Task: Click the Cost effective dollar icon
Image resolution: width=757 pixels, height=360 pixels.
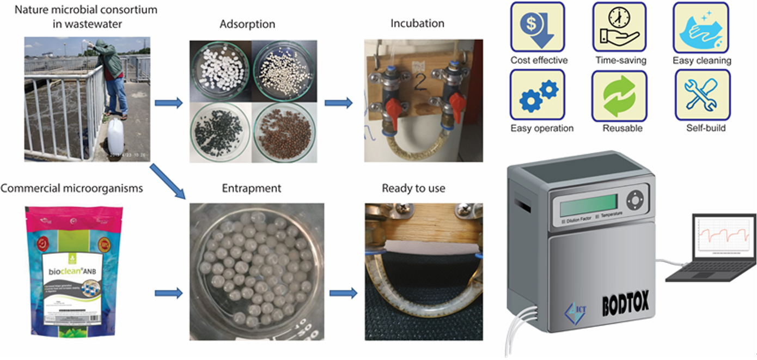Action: (537, 27)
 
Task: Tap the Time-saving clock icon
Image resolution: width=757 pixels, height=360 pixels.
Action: (619, 27)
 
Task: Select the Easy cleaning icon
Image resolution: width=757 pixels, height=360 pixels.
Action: (701, 27)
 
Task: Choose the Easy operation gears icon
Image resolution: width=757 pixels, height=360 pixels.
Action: (537, 95)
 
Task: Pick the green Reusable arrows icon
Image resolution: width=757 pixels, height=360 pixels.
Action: (619, 95)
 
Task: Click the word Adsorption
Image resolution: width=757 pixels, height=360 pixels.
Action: (247, 25)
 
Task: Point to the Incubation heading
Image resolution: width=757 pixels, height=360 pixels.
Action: (417, 23)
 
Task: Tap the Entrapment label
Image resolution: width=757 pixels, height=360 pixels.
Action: (252, 188)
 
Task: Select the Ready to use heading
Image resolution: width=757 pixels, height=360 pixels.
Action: (413, 188)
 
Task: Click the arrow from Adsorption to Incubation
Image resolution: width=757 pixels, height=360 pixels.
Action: (338, 103)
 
